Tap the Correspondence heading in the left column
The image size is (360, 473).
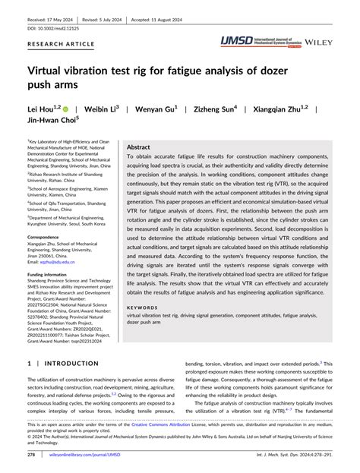[49, 237]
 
